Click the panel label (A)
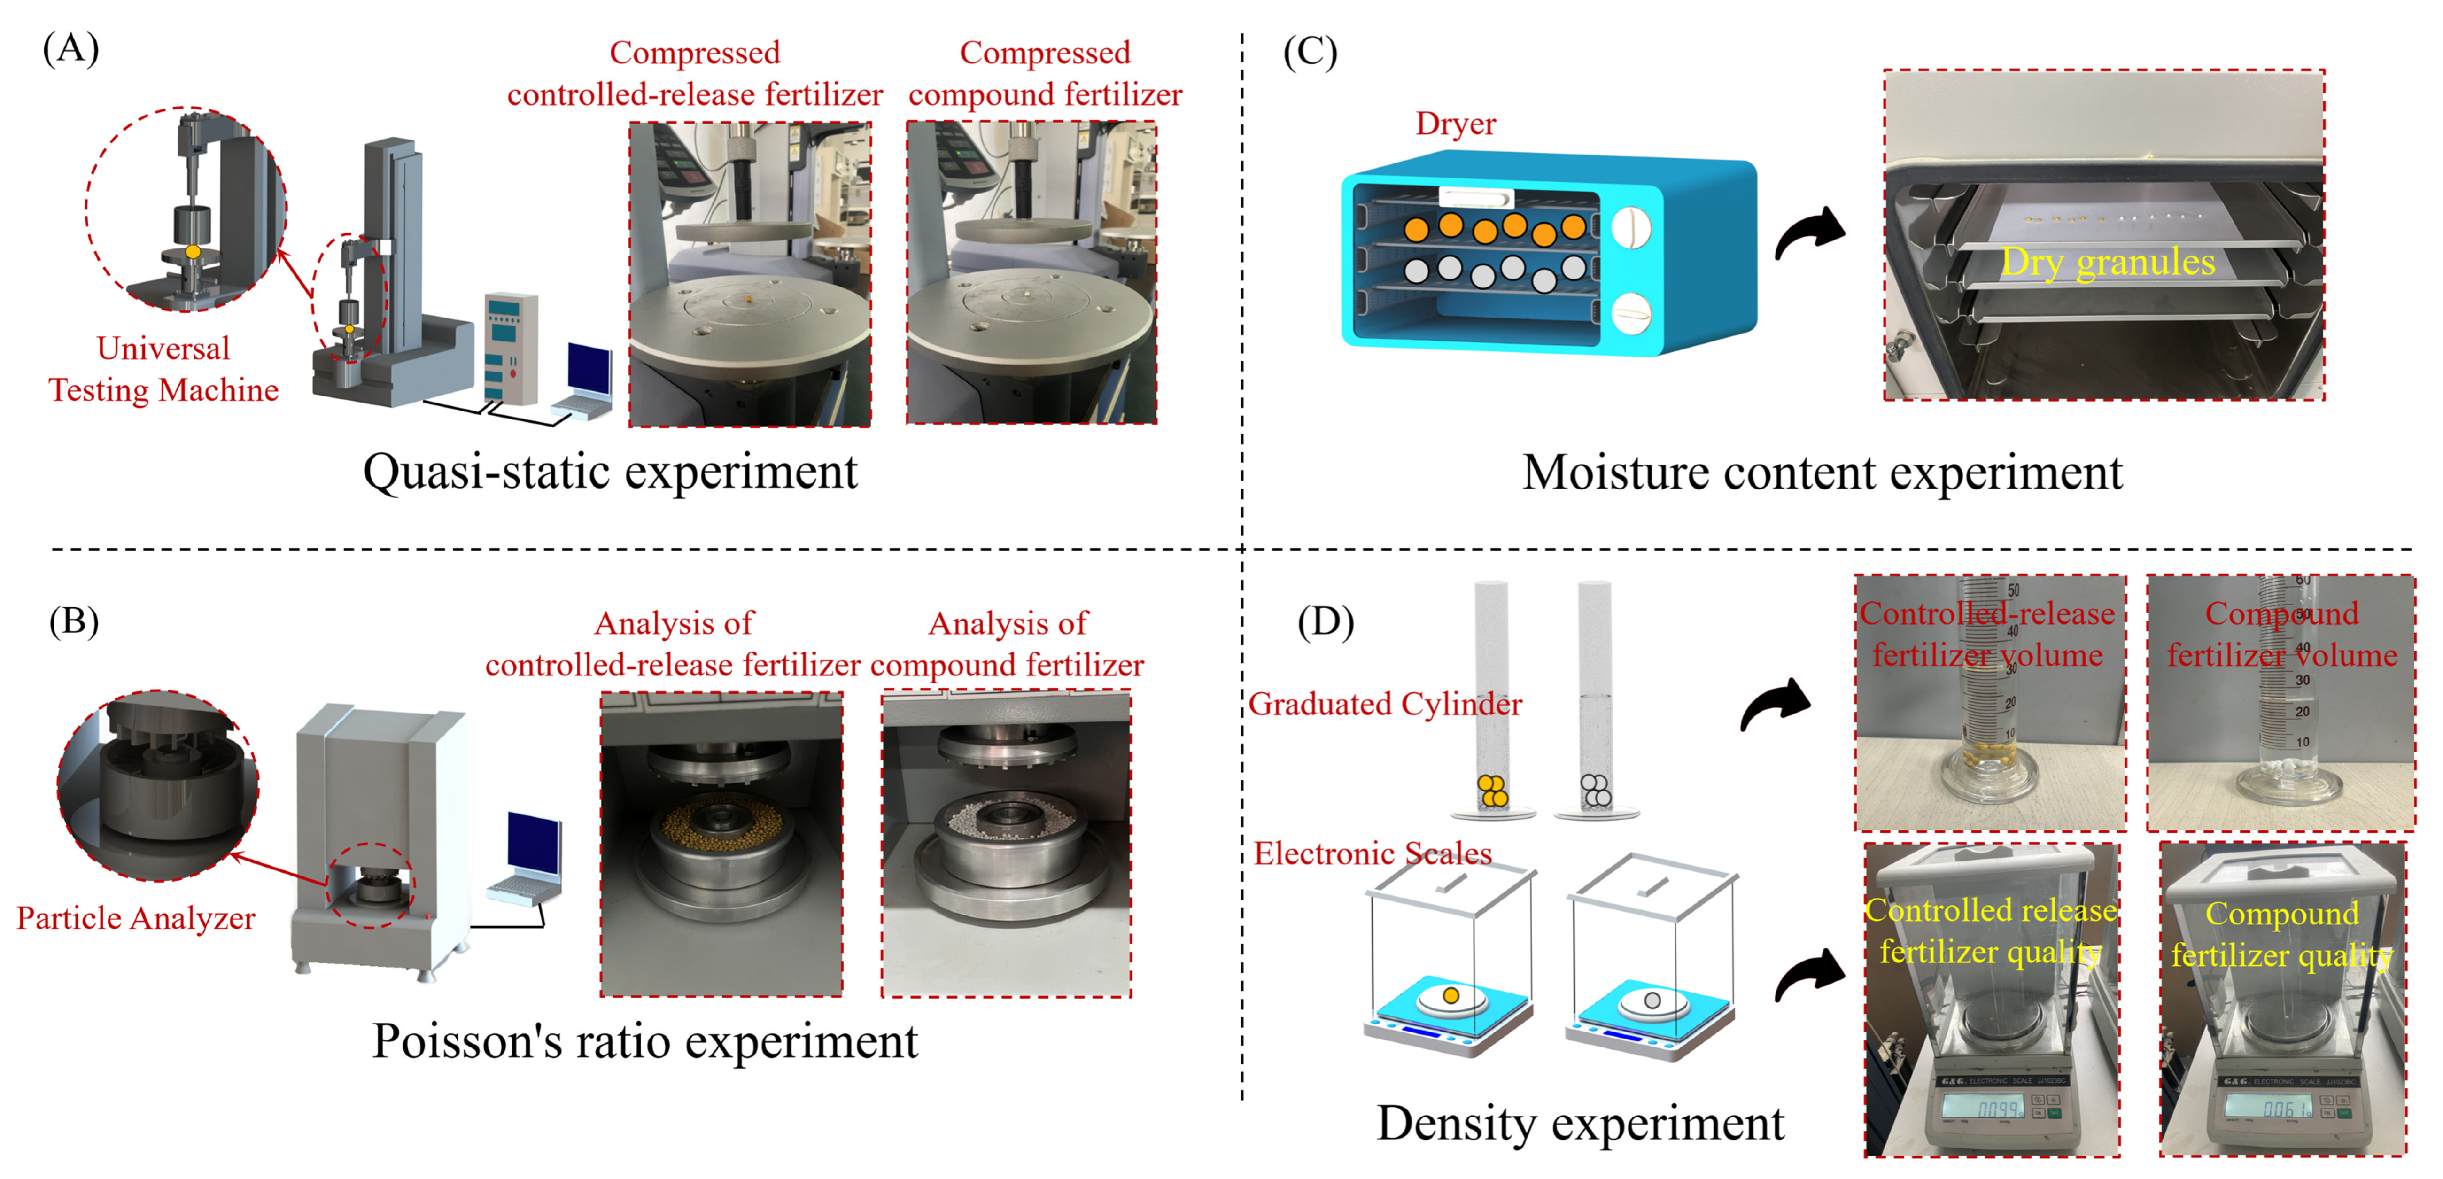point(70,47)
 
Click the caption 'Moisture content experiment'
point(1822,473)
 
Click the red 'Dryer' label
point(1455,124)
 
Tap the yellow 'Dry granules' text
point(2107,262)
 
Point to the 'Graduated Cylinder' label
point(1385,704)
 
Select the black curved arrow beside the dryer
point(1809,233)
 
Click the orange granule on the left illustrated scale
point(1450,995)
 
